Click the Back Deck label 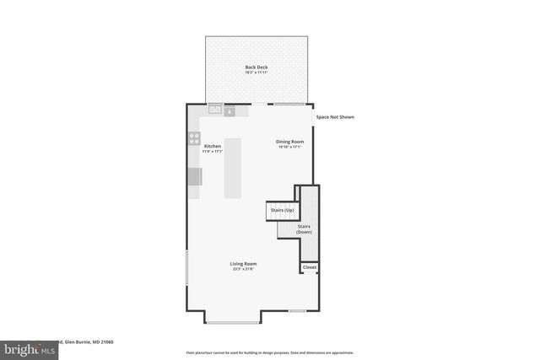click(256, 67)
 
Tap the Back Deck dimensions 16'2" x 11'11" click(256, 73)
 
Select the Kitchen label click(213, 147)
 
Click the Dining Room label click(289, 142)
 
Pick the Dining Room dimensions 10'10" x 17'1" click(289, 148)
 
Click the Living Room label click(242, 264)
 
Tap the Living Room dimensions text click(242, 270)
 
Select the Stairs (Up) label click(282, 209)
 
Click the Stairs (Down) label click(305, 228)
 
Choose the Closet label click(310, 267)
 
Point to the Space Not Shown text click(335, 117)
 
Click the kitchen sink click(214, 110)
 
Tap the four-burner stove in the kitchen click(194, 139)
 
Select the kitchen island click(233, 168)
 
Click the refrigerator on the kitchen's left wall click(194, 176)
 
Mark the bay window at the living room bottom click(234, 322)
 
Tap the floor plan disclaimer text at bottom click(270, 352)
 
